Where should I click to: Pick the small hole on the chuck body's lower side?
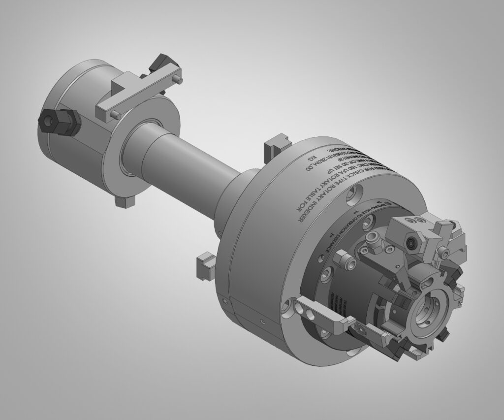[263, 323]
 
